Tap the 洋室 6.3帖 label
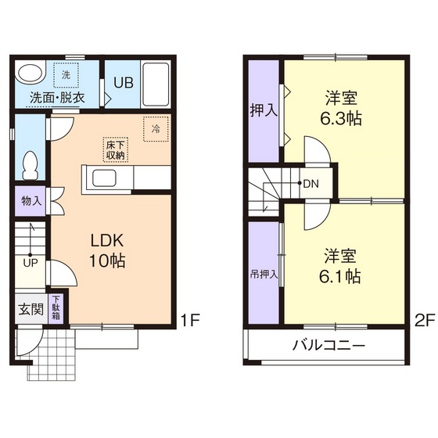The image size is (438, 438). pyautogui.click(x=340, y=109)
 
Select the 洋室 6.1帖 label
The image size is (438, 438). pyautogui.click(x=340, y=265)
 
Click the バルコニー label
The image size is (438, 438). pyautogui.click(x=328, y=345)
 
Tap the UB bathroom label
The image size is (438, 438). pyautogui.click(x=124, y=82)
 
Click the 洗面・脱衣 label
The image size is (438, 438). pyautogui.click(x=57, y=98)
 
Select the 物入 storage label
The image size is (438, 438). pyautogui.click(x=31, y=201)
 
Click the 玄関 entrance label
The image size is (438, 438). pyautogui.click(x=31, y=308)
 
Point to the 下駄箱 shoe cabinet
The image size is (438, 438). pyautogui.click(x=58, y=307)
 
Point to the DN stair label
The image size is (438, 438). pyautogui.click(x=310, y=185)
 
